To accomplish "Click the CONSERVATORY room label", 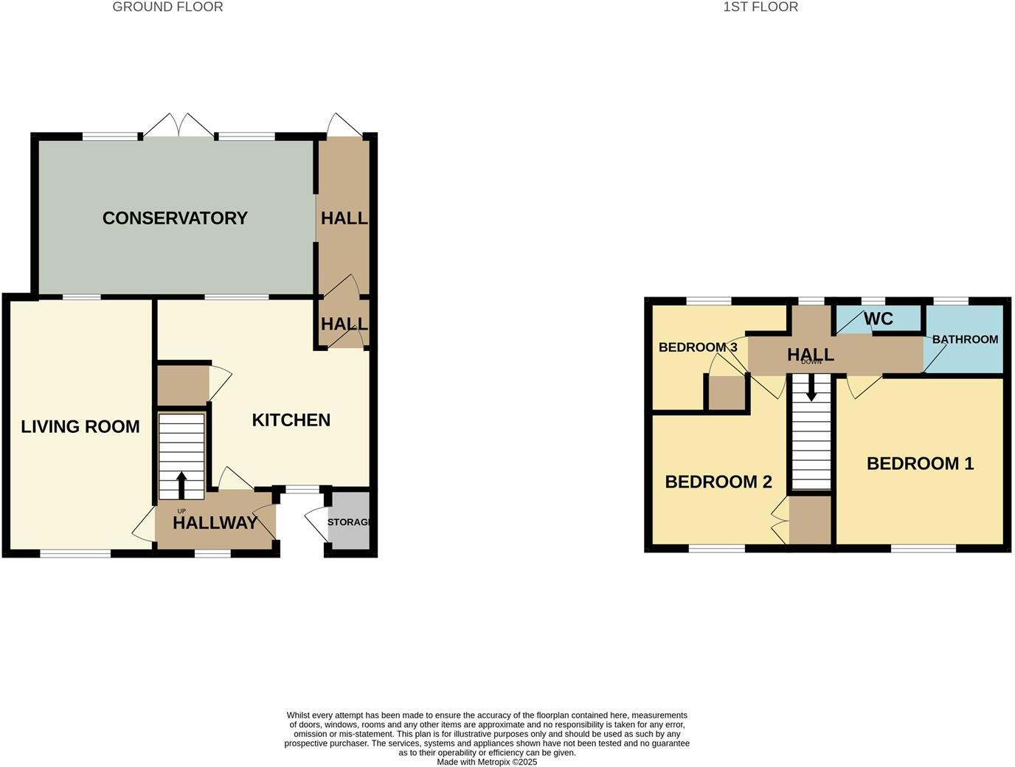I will tap(175, 218).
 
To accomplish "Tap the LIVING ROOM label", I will tap(80, 426).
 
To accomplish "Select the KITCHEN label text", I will tap(291, 420).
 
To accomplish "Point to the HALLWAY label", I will tap(215, 523).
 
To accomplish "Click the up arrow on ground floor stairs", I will tap(181, 485).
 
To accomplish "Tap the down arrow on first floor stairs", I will tap(811, 388).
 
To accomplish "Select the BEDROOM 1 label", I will tap(920, 464).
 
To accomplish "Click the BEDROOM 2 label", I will tap(718, 482).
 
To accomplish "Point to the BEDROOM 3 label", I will tap(698, 347).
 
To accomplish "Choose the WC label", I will tap(878, 319).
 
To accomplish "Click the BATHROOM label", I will tap(964, 339).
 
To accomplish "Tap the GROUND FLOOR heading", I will tap(167, 7).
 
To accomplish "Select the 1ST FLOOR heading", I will tap(761, 7).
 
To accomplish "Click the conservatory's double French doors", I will tap(179, 127).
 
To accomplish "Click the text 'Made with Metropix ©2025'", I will tap(487, 762).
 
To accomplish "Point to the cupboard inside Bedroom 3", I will tap(727, 393).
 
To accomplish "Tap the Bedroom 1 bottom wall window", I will tap(923, 548).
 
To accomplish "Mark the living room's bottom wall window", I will tap(75, 552).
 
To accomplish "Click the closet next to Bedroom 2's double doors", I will tap(810, 521).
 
